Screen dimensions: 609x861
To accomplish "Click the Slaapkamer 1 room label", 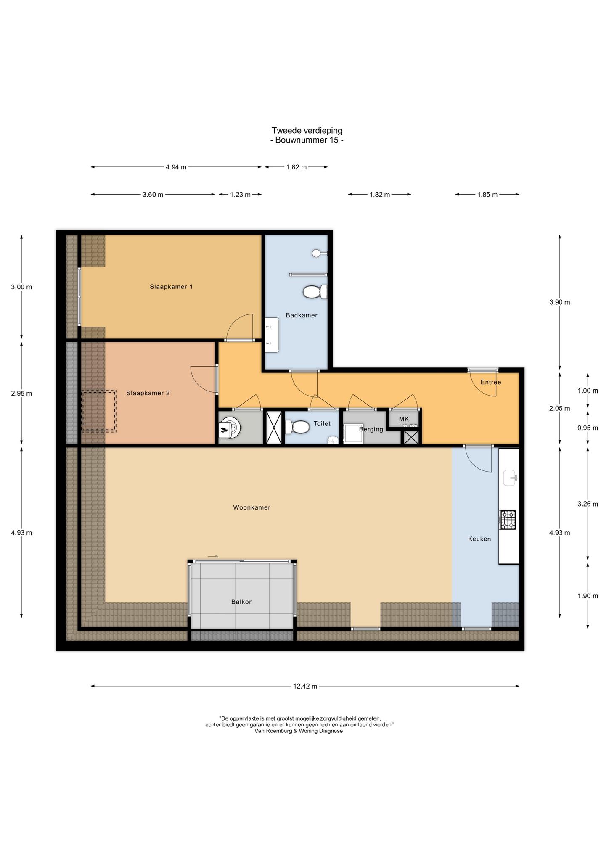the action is click(x=171, y=287).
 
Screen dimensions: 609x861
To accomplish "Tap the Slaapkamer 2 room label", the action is click(x=148, y=393).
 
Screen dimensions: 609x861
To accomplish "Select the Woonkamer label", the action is click(x=252, y=507).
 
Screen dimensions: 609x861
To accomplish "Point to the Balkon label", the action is click(x=242, y=602).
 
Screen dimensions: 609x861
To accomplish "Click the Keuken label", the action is click(x=479, y=539).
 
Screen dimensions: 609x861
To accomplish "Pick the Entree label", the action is click(x=491, y=382).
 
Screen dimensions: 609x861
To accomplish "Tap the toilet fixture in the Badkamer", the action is click(x=315, y=291).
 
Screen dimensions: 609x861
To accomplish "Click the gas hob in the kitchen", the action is click(x=507, y=520).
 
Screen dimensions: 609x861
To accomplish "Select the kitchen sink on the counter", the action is click(x=510, y=478).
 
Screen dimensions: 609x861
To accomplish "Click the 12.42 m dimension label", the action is click(x=305, y=687).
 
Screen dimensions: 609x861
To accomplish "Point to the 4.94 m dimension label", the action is click(x=176, y=167).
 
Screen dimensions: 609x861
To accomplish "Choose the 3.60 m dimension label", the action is click(x=153, y=195).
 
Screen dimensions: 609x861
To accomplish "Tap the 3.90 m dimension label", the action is click(x=560, y=302).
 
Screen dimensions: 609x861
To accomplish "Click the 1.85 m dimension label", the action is click(x=487, y=195).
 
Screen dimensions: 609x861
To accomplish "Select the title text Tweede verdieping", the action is click(x=307, y=131).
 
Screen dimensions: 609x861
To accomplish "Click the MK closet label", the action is click(x=404, y=419).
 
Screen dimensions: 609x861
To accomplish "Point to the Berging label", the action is click(x=371, y=429).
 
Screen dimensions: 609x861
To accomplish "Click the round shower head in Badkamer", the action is click(x=316, y=253).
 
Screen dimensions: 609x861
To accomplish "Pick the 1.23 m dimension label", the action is click(x=240, y=195).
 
